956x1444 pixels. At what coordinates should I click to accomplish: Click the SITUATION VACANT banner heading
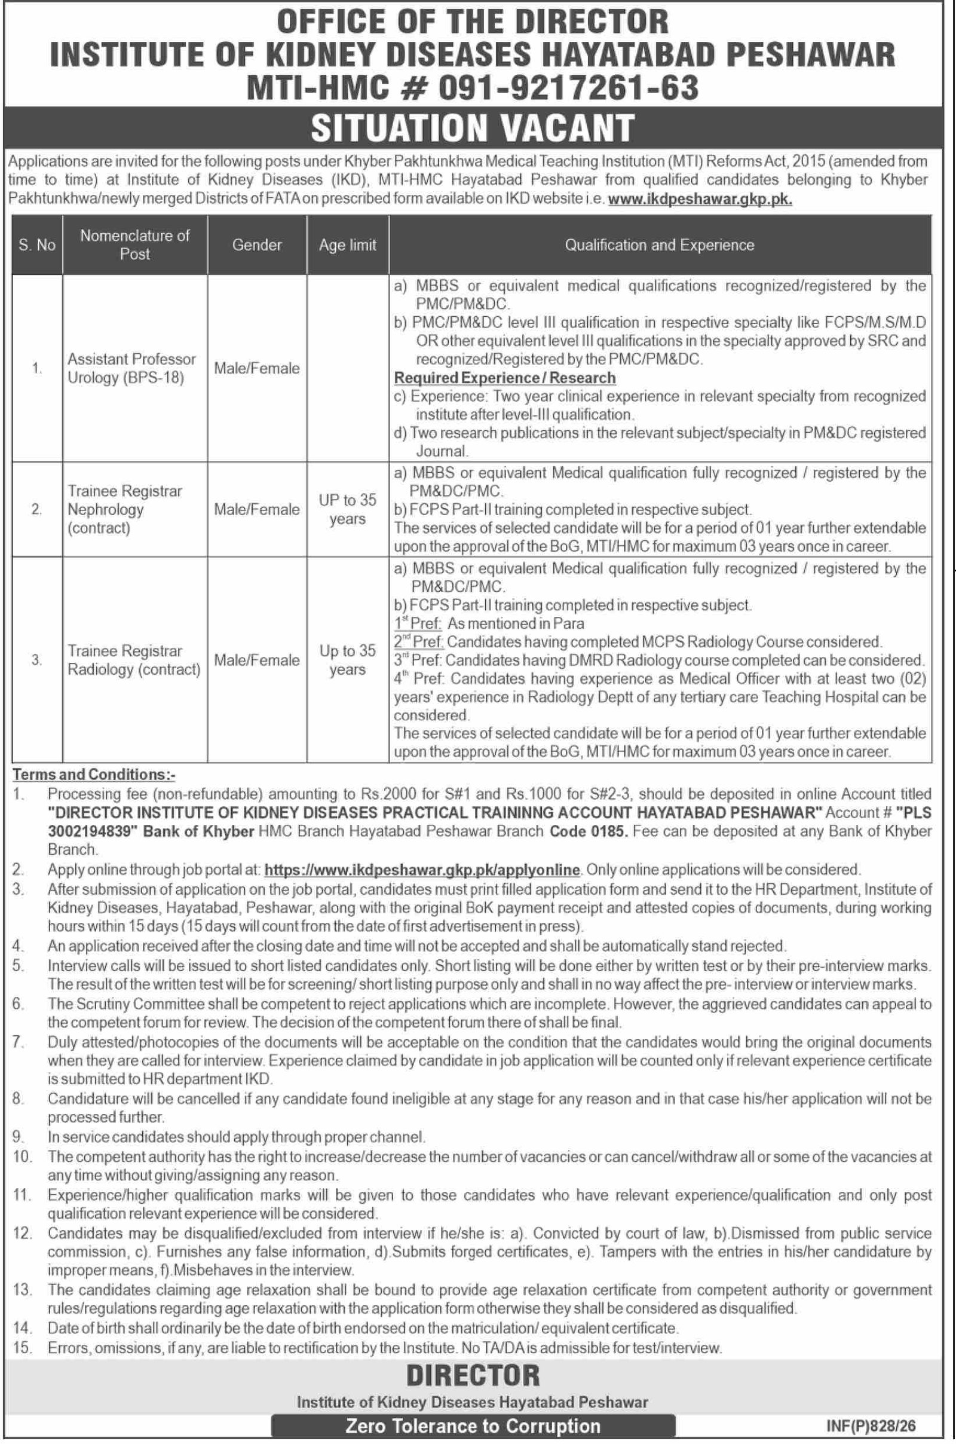coord(473,127)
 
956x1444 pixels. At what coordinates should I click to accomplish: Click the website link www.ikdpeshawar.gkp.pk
coord(700,200)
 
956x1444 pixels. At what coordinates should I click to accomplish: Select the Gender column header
coord(257,245)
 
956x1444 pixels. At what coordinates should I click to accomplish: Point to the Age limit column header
coord(348,245)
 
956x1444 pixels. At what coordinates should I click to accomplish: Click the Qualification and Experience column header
coord(660,245)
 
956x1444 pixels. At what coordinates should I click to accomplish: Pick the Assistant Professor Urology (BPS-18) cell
coord(131,368)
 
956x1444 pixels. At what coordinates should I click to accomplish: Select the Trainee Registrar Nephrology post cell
coord(125,509)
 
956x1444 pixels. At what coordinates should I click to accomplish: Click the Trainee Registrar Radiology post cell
coord(134,660)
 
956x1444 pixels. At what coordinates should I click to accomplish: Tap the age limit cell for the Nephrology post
coord(348,509)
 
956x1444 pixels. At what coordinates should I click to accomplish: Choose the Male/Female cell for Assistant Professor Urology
coord(257,368)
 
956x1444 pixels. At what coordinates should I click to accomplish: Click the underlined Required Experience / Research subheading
coord(505,378)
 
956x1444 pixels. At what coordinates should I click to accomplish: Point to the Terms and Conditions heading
coord(94,775)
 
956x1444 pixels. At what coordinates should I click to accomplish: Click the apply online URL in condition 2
coord(422,869)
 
